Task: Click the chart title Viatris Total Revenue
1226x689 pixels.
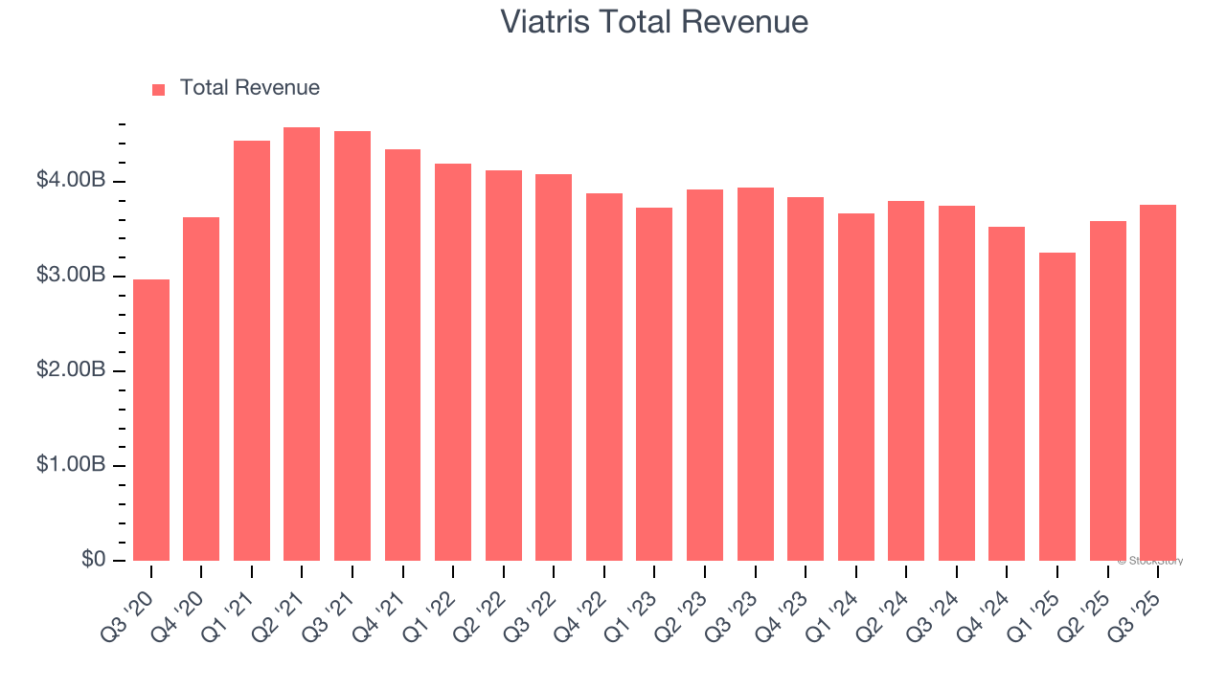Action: coord(654,21)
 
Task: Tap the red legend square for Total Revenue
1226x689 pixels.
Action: coord(159,89)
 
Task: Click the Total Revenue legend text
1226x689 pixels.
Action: coord(249,88)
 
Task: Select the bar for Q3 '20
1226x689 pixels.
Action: coord(151,420)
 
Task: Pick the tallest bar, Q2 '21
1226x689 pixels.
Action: coord(302,344)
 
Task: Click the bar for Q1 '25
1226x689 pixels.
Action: coord(1057,407)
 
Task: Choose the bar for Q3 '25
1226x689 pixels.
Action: coord(1158,383)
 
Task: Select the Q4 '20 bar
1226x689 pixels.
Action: coord(201,389)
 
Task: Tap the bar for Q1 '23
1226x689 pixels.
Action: coord(654,384)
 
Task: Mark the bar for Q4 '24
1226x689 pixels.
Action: coord(1007,393)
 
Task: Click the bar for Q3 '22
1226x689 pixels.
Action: coord(554,367)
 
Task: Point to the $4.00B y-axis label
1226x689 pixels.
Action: coord(71,181)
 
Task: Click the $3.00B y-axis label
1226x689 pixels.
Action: coord(71,276)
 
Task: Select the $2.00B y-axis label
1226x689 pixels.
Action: coord(71,370)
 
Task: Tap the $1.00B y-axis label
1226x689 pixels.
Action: coord(71,465)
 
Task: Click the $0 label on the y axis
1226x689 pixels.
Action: coord(94,559)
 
